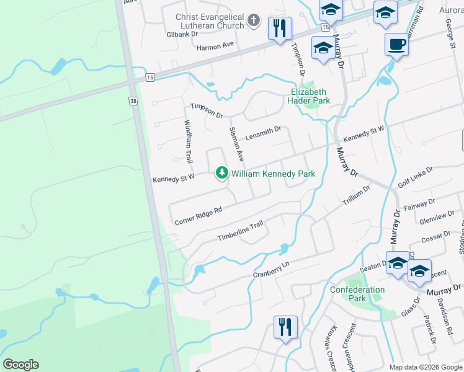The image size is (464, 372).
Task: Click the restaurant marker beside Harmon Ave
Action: (280, 28)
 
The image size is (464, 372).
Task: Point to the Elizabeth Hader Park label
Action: (310, 96)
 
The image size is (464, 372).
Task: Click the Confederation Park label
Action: (357, 293)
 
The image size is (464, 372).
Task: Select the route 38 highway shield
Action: (133, 101)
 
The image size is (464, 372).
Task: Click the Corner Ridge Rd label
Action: (198, 216)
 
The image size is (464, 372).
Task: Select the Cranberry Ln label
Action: (271, 269)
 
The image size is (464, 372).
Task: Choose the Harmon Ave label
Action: (215, 46)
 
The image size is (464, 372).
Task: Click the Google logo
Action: (20, 365)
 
